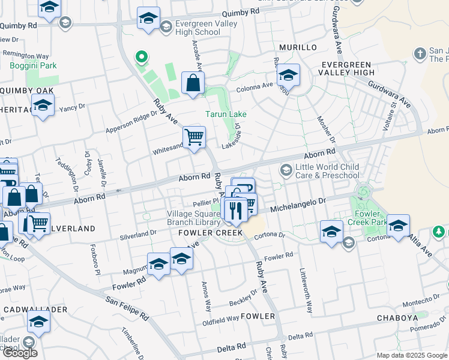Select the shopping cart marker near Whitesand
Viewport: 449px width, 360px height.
click(194, 138)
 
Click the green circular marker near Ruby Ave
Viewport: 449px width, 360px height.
click(142, 58)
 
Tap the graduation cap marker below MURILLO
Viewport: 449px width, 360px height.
click(289, 76)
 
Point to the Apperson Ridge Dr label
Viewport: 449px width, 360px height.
click(131, 121)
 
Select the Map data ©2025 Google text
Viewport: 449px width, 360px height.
click(412, 355)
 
